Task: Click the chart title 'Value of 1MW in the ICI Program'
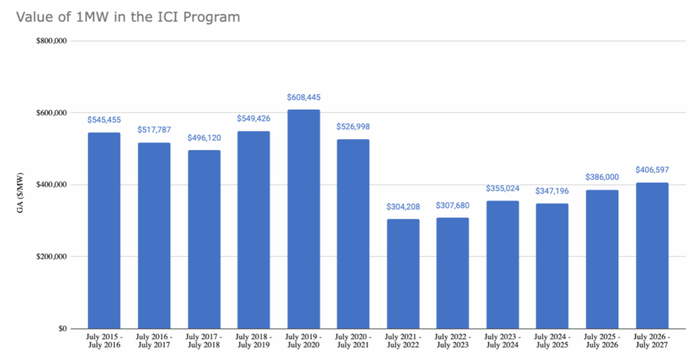pos(123,17)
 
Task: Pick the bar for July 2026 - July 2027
pos(652,256)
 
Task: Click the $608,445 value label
pos(303,97)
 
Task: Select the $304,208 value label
pos(403,207)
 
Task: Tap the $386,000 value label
pos(602,177)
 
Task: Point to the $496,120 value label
pos(204,138)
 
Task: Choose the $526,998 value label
pos(353,127)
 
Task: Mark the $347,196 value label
pos(552,192)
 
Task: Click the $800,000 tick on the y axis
pos(51,41)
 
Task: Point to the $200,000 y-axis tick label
pos(51,257)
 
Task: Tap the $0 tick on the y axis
pos(61,329)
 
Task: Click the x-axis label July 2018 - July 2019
pos(254,342)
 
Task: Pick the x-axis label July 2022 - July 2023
pos(453,342)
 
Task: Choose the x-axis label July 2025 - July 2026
pos(602,342)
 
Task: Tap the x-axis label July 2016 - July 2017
pos(154,342)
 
